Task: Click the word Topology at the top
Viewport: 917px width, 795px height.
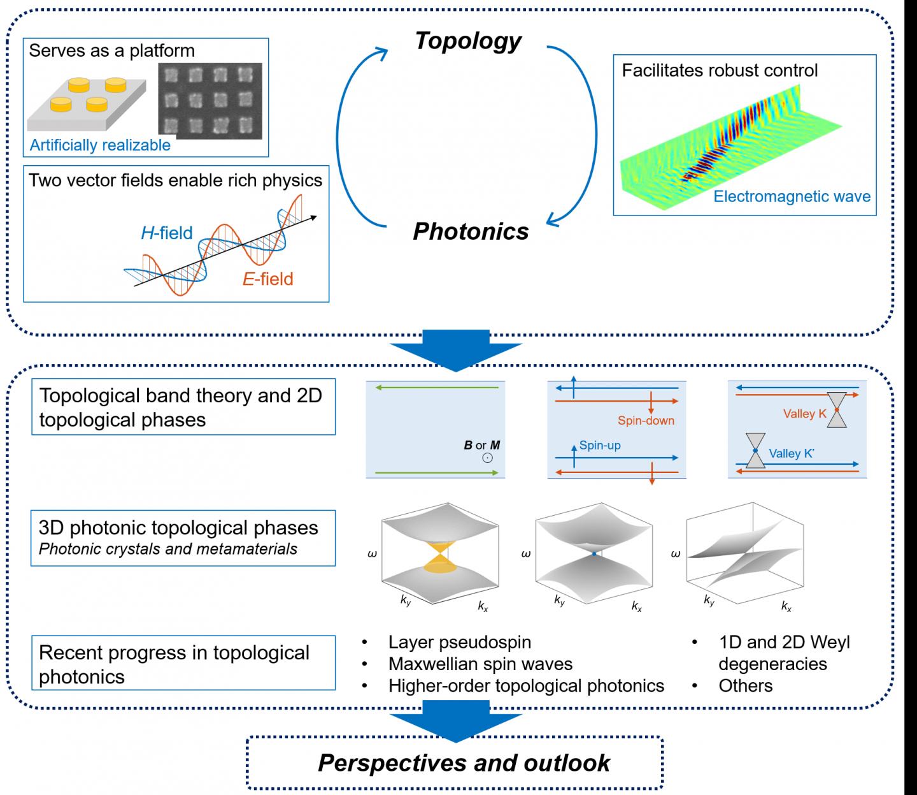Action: click(468, 41)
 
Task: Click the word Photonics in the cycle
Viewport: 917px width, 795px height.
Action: click(471, 231)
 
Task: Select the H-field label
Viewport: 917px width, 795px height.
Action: click(166, 233)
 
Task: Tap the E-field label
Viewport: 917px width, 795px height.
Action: click(267, 279)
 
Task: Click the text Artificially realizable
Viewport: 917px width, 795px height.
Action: click(100, 145)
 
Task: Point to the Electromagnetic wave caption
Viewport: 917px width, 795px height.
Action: click(792, 196)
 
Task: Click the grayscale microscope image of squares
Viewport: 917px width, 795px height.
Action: click(210, 101)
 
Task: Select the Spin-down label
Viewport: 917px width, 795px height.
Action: click(646, 421)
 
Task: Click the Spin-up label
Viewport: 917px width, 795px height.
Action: click(599, 445)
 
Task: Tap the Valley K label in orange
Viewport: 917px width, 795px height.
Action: click(804, 414)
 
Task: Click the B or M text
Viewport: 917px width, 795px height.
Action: click(481, 445)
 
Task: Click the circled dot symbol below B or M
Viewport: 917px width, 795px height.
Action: click(487, 458)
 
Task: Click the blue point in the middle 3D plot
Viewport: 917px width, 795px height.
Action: click(594, 555)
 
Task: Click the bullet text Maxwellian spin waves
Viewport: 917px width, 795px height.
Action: click(480, 664)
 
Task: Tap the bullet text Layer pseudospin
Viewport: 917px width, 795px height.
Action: click(459, 642)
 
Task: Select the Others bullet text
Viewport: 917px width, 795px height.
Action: click(745, 685)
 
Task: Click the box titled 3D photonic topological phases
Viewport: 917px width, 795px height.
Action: click(183, 537)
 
